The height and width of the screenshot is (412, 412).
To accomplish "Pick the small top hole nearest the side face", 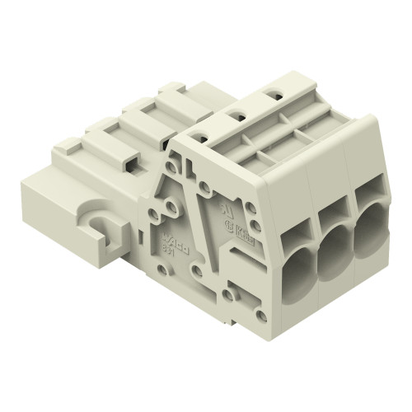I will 204,138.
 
